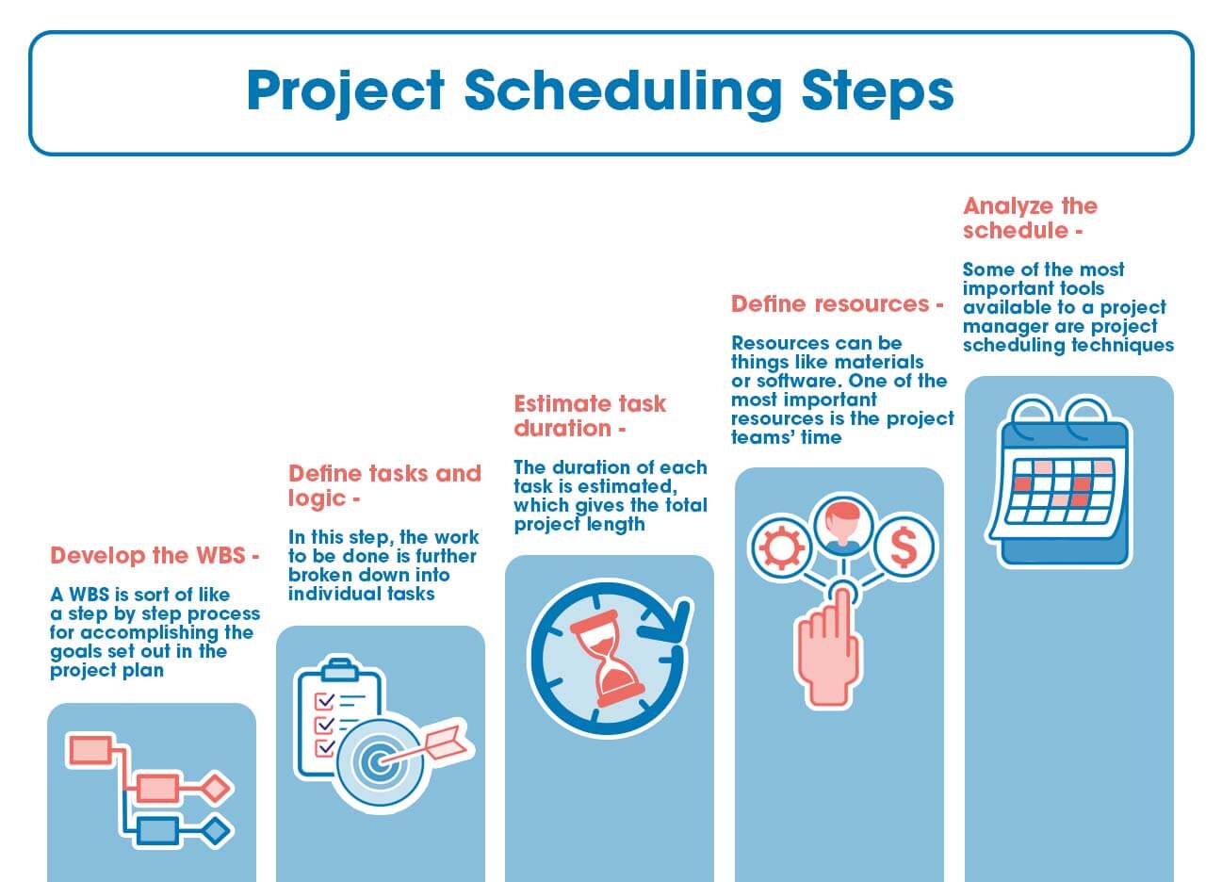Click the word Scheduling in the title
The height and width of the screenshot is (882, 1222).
pyautogui.click(x=623, y=91)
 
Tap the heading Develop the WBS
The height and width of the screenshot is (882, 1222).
pyautogui.click(x=154, y=556)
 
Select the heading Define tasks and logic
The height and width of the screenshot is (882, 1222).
pyautogui.click(x=384, y=485)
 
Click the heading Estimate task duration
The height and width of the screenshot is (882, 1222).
pyautogui.click(x=589, y=416)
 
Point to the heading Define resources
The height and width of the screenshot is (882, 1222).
pyautogui.click(x=837, y=304)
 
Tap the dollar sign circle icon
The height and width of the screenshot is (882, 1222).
pyautogui.click(x=904, y=546)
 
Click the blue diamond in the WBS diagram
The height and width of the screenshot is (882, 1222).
pyautogui.click(x=217, y=830)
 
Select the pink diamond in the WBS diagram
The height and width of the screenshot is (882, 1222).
pyautogui.click(x=217, y=786)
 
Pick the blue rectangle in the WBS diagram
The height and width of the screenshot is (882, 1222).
pyautogui.click(x=156, y=830)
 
